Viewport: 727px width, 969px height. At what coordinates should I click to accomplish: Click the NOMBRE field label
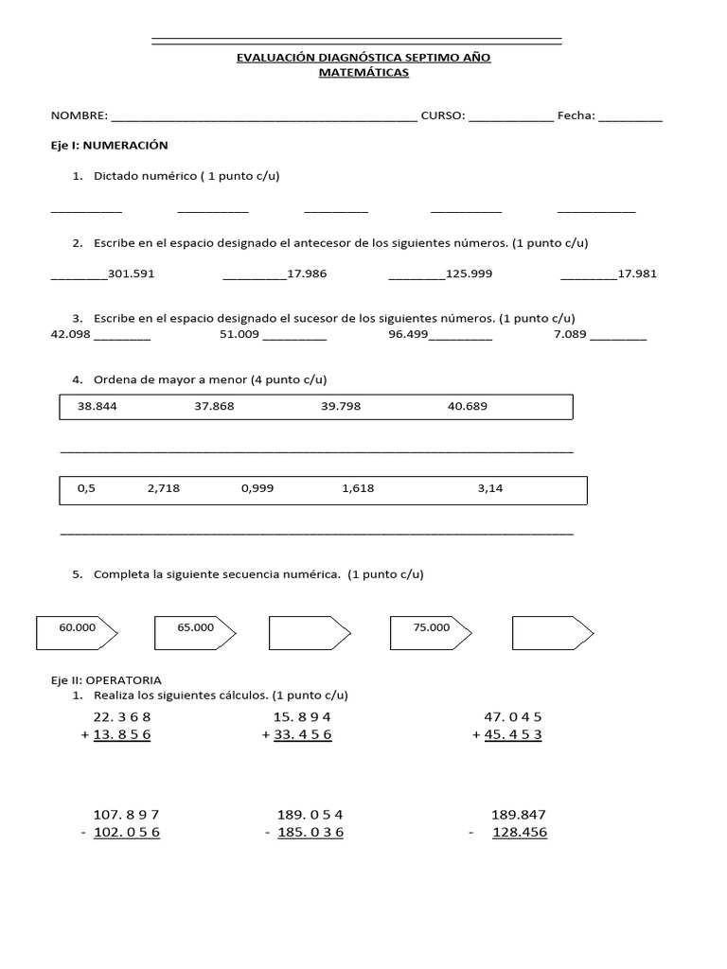pos(79,116)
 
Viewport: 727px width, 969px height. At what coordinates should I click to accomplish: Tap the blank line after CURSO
pos(511,118)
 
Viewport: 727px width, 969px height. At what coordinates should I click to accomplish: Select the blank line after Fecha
pos(630,118)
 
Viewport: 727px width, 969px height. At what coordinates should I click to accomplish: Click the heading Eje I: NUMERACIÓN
pos(109,146)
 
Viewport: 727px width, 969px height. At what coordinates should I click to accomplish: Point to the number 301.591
pos(132,273)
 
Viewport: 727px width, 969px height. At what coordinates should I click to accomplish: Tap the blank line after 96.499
pos(461,337)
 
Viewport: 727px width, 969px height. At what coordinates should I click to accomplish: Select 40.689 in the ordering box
pos(467,406)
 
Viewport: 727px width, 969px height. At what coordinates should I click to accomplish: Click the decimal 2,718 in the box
pos(163,488)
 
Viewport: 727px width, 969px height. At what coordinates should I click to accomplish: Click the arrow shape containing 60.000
pos(76,633)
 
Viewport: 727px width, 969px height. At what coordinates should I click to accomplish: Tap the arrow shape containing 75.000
pos(432,633)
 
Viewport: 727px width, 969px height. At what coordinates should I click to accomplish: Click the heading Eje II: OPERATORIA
pos(106,679)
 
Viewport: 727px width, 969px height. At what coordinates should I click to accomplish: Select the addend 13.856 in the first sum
pos(122,735)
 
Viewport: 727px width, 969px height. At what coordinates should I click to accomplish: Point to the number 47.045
pos(512,716)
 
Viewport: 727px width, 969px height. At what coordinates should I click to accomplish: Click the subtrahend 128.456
pos(519,833)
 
